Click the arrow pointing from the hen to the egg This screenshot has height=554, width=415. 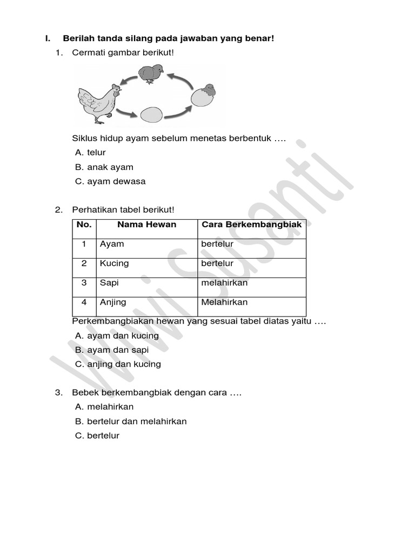(126, 114)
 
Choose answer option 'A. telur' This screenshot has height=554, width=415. (90, 153)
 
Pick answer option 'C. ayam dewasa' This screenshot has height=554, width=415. (110, 181)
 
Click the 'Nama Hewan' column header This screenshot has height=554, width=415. (146, 225)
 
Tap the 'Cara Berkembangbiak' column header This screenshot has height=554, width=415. (251, 225)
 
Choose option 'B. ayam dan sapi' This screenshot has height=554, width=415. (112, 350)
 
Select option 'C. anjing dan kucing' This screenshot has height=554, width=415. (118, 364)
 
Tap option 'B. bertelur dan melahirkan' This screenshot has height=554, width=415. (131, 421)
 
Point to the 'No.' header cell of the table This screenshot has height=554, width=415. (84, 225)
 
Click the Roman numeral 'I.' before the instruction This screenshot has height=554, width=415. (48, 38)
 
